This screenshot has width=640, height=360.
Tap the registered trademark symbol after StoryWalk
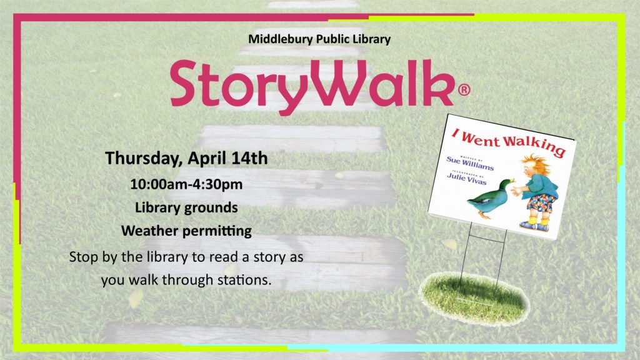pos(464,89)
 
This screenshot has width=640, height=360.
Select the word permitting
pos(217,232)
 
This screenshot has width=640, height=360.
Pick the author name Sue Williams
pos(470,163)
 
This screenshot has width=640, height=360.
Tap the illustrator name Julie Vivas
pos(467,178)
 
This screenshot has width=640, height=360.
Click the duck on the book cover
pos(490,197)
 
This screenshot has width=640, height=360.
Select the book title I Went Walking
pos(509,142)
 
